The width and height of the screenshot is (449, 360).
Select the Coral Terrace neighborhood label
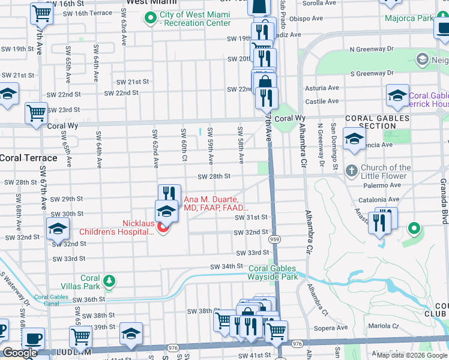click(x=28, y=158)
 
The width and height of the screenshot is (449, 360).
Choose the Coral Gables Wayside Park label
click(x=273, y=272)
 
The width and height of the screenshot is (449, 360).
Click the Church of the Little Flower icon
click(x=351, y=172)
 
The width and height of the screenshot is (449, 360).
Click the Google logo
click(x=20, y=353)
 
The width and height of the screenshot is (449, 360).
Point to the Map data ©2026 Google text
click(x=411, y=355)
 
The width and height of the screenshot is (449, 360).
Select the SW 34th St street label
click(x=226, y=266)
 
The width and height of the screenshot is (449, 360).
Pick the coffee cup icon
click(x=34, y=337)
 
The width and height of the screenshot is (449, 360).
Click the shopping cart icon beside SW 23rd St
click(x=36, y=112)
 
